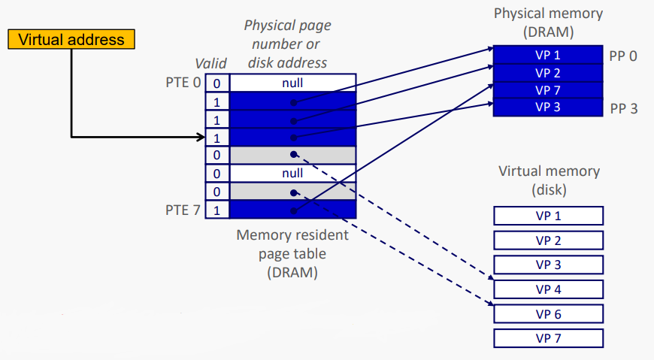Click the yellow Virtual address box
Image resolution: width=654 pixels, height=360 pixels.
tap(71, 39)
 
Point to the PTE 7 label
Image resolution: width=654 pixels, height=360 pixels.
tap(183, 209)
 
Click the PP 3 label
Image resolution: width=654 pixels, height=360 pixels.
tap(623, 108)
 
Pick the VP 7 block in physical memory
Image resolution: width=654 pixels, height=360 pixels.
tap(548, 90)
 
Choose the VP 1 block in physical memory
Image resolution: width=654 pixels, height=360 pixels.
tap(548, 55)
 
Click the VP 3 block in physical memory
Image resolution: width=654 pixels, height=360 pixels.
tap(548, 107)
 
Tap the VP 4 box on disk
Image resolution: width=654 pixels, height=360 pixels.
tap(548, 289)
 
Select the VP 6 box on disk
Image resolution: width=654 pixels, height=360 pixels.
tap(548, 313)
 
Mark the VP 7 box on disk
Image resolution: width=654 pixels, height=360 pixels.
tap(548, 337)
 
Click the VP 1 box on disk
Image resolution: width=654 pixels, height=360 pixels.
tap(548, 216)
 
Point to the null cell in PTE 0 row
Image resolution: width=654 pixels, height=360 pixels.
tap(292, 83)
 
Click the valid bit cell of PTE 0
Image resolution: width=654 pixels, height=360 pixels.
tap(216, 83)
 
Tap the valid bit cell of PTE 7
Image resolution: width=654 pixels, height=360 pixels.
tap(216, 209)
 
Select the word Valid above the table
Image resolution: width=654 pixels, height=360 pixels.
tap(210, 65)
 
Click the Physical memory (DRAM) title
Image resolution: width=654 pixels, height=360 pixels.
tap(548, 23)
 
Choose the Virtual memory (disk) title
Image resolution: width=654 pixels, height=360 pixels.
tap(549, 180)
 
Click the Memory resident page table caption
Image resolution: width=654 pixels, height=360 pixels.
tap(292, 254)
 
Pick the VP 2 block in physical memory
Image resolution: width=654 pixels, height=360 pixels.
tap(548, 73)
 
